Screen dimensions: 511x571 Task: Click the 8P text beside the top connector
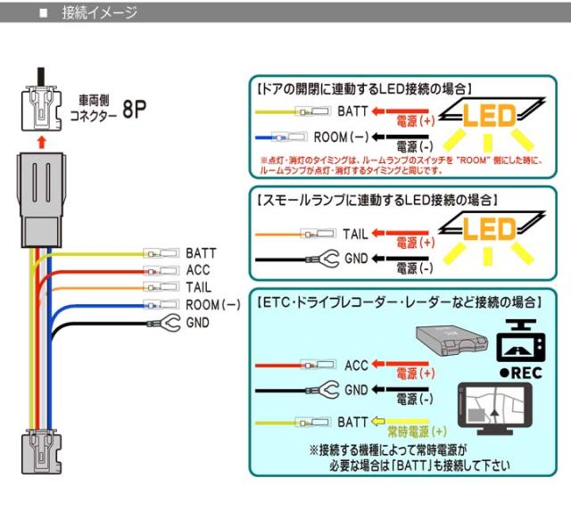(x=133, y=110)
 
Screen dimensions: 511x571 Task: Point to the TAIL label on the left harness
(x=199, y=287)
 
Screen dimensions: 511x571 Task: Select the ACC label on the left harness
(x=198, y=270)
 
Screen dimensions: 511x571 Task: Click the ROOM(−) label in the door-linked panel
(x=341, y=137)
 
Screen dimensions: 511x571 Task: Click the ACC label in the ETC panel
(x=355, y=366)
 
